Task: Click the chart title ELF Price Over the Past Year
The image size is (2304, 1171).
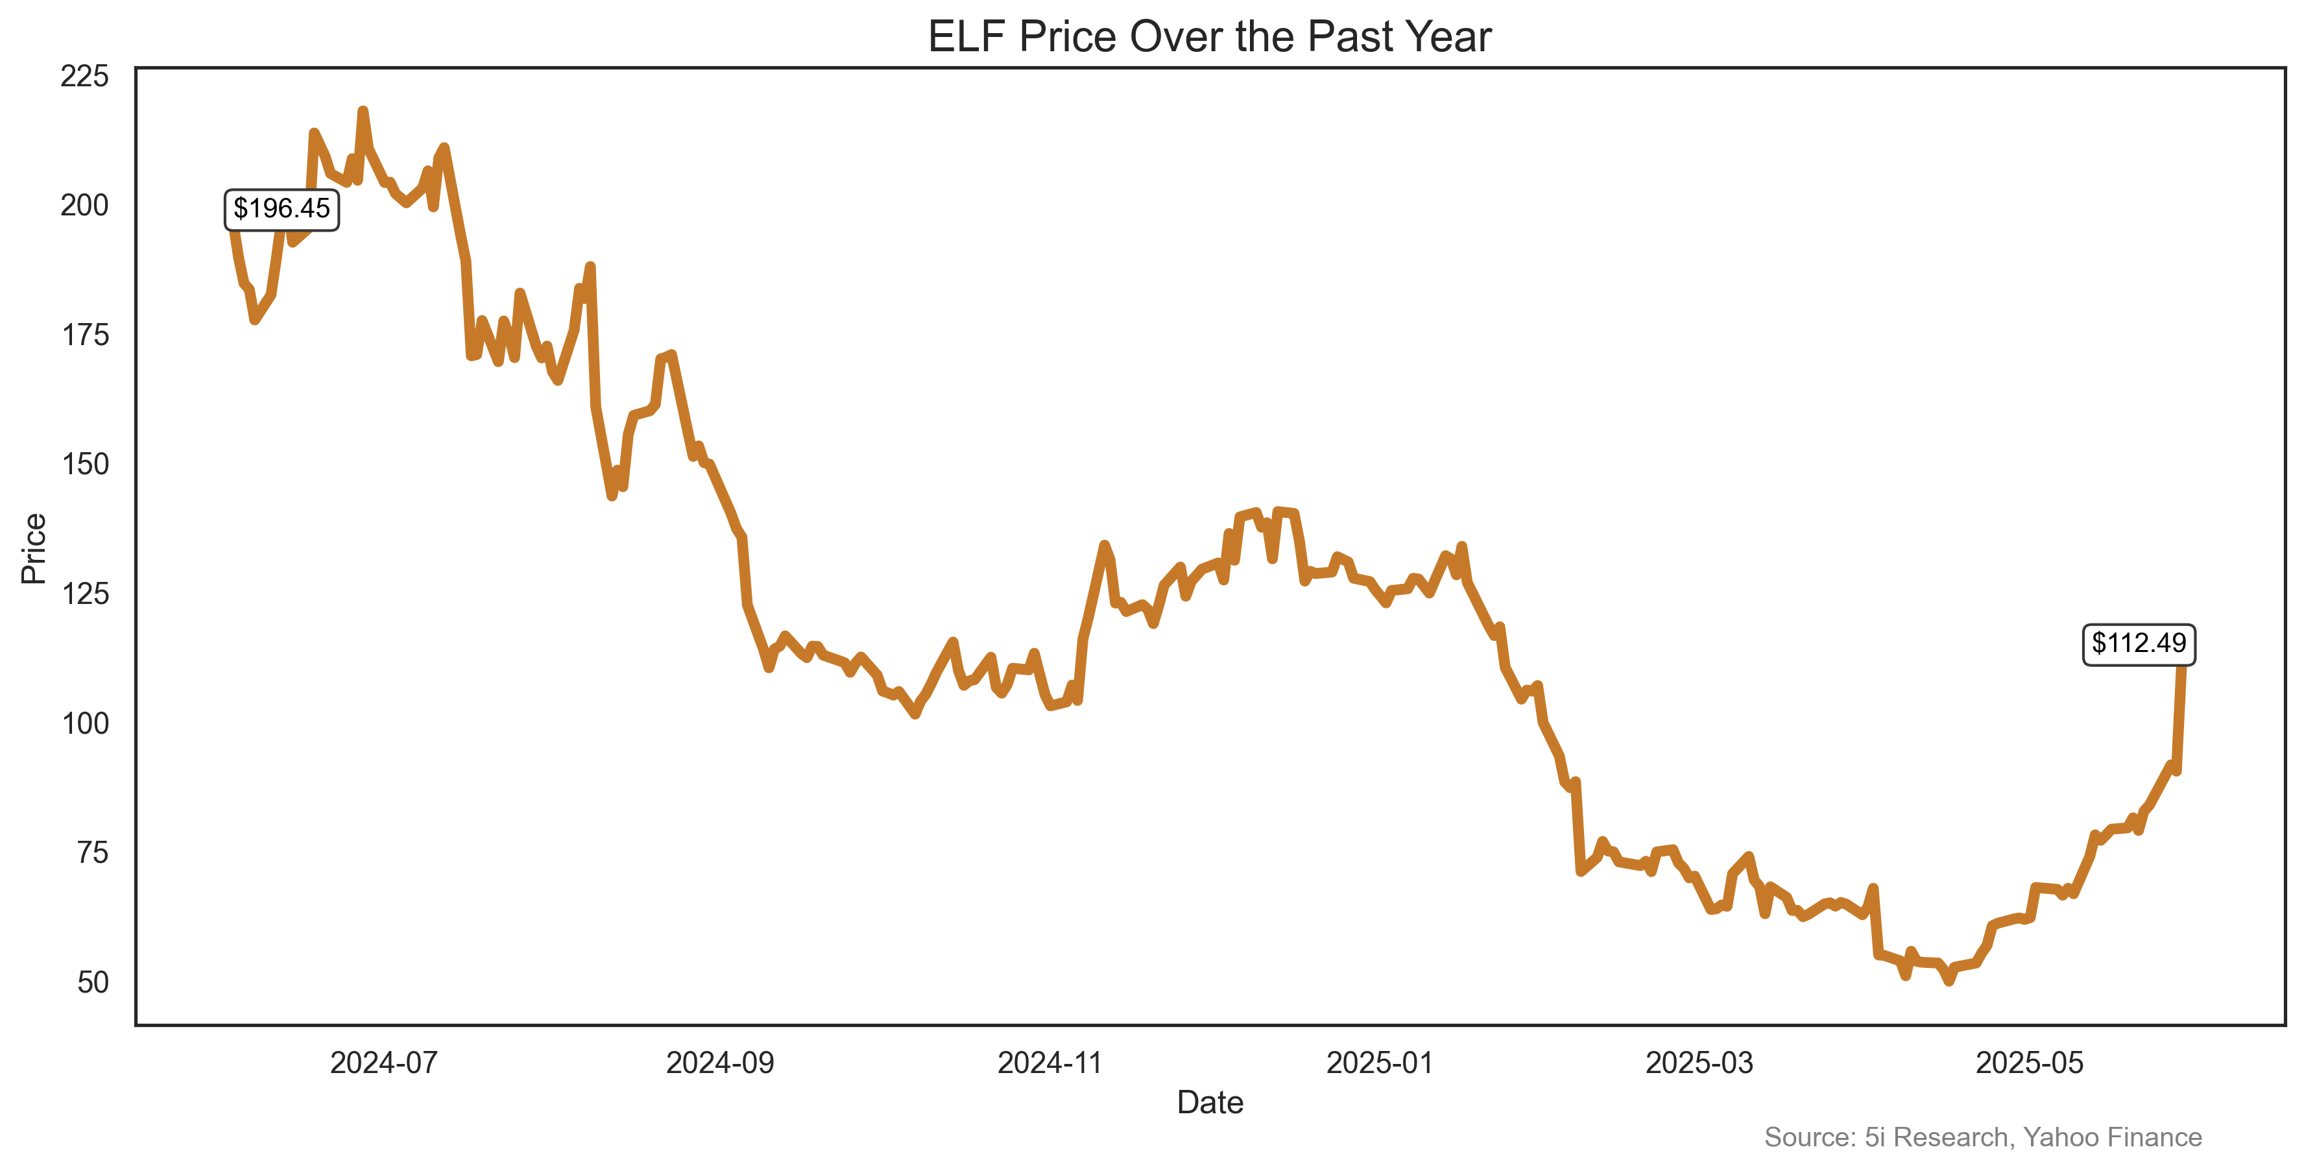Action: point(1209,38)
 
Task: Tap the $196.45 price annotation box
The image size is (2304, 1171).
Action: point(281,210)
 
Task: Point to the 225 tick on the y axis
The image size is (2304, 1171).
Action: point(84,76)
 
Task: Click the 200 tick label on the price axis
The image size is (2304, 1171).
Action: point(84,206)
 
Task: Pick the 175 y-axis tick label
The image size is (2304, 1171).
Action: point(84,335)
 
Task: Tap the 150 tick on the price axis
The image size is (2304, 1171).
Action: point(84,465)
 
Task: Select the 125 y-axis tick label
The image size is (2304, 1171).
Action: point(84,594)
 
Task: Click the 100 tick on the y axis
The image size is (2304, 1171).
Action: point(84,723)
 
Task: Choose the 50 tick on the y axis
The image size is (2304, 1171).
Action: point(92,982)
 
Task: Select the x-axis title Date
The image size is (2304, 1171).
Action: point(1209,1102)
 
